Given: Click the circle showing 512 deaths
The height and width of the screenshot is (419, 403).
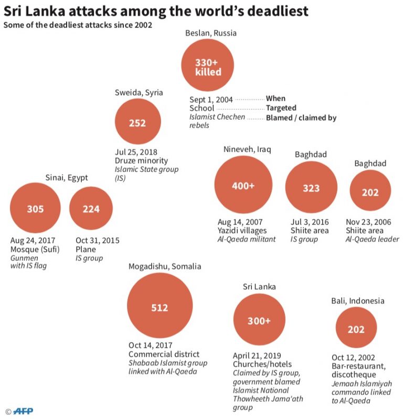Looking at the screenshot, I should point(160,308).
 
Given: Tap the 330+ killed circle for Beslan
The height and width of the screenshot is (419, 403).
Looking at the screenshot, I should point(208,67).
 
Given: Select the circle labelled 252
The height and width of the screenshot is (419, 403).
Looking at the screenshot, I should point(137,123).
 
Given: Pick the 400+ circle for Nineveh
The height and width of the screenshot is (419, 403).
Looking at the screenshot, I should point(243,185).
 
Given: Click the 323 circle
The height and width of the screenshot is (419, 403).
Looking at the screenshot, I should point(311,188).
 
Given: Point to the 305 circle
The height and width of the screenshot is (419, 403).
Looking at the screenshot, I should point(35,209).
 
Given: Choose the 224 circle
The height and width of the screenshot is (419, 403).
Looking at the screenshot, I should point(91,209).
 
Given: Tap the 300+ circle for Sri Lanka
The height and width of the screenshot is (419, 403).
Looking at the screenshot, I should point(259,321).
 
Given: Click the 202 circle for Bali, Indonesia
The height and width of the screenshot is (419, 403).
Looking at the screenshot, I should point(356,329).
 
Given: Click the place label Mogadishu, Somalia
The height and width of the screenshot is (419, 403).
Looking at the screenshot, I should point(165,266).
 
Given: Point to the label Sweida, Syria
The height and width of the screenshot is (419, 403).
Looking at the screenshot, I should point(139,93).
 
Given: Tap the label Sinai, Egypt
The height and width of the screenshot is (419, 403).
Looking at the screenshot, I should point(66,178).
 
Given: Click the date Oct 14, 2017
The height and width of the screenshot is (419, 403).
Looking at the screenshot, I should point(149,345).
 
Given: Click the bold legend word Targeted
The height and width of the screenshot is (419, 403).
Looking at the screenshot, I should point(281,108).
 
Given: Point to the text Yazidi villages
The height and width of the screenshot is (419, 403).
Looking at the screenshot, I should point(242,230).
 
